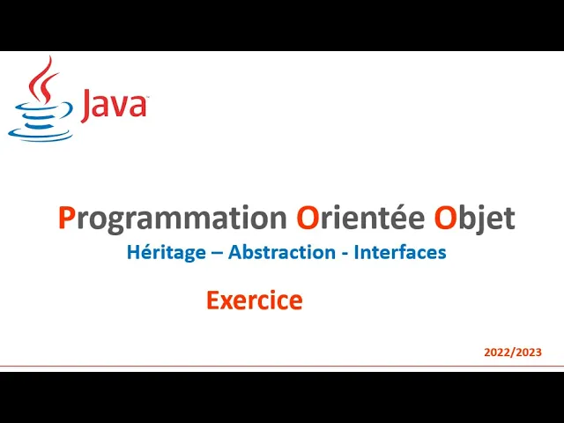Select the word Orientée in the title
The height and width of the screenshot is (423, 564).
point(360,218)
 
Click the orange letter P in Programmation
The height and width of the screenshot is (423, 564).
point(67,218)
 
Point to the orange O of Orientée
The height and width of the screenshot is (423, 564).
point(308,218)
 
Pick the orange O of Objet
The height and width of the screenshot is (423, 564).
point(445,218)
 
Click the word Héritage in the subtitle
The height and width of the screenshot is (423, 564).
point(167,252)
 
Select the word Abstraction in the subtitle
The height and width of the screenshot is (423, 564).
point(282,252)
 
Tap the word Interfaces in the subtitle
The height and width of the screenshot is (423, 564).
point(400,252)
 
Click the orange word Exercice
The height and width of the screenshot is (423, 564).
point(255,301)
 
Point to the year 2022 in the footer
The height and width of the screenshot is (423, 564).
point(496,352)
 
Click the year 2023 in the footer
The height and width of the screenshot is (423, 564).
point(530,352)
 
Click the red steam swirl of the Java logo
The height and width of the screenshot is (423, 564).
point(42,80)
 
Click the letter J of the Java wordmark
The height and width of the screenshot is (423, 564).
point(86,106)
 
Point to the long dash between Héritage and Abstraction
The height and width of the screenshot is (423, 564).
point(217,253)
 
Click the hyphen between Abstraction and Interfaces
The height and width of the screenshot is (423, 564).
point(345,254)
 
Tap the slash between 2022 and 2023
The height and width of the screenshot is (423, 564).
point(513,352)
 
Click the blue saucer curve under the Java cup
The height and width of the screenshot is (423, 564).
point(41,135)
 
